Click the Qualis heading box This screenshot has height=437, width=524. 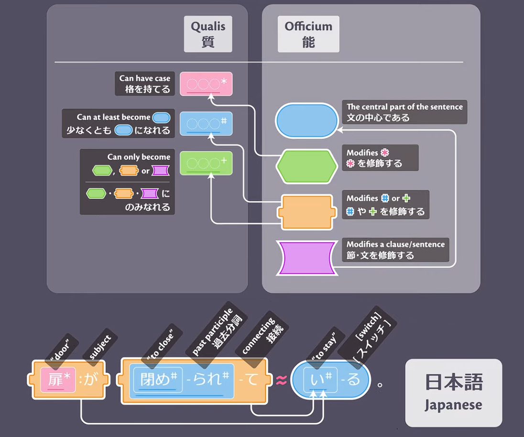point(208,34)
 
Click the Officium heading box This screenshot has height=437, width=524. point(308,34)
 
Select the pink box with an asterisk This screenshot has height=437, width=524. point(206,84)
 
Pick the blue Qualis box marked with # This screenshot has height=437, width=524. point(206,123)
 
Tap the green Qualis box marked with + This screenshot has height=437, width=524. point(206,163)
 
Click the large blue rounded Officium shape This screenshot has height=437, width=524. point(306,121)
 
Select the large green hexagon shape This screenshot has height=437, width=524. point(306,166)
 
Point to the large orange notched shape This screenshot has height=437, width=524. point(306,212)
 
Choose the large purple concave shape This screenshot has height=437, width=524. point(306,258)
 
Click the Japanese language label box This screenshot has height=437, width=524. point(453,393)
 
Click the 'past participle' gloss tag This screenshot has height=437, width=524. point(220,329)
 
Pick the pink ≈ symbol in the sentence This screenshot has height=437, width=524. point(281,381)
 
